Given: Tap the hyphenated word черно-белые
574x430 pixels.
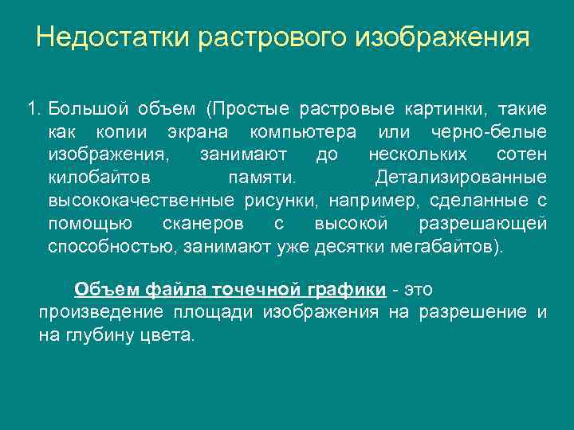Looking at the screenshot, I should (x=488, y=131).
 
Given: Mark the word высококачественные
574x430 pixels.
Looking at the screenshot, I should (x=140, y=200).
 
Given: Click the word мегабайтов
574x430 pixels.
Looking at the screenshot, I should (x=445, y=246).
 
